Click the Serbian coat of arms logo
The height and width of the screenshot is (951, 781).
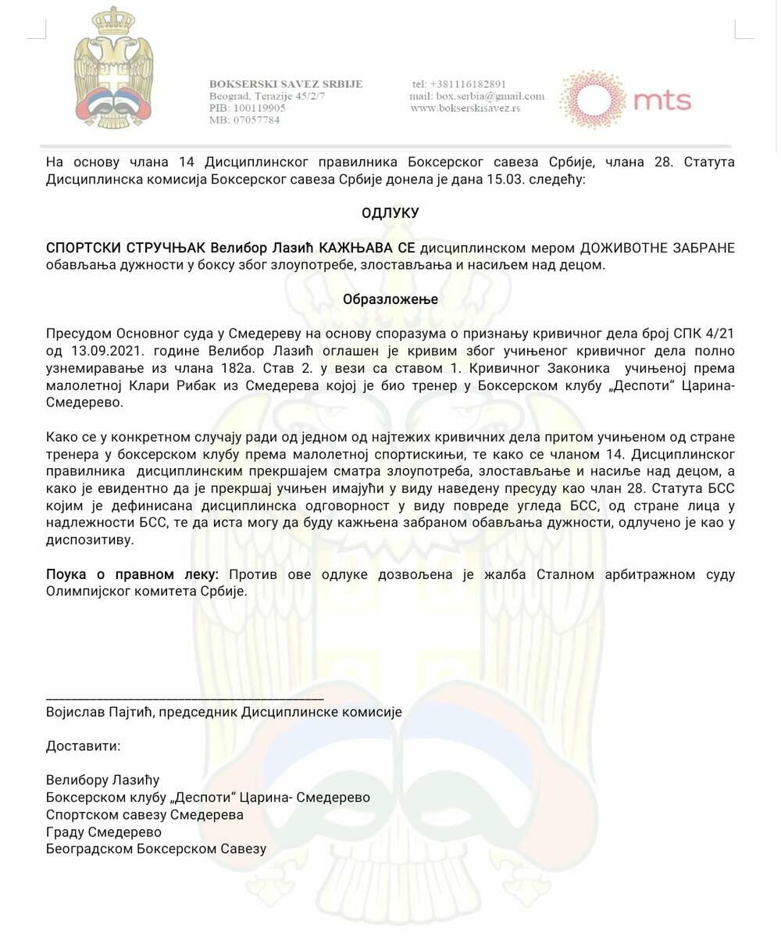click(113, 69)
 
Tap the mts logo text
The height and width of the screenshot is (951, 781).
click(662, 101)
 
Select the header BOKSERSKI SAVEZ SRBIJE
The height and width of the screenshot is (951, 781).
click(286, 84)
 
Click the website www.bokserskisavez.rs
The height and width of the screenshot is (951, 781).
click(465, 108)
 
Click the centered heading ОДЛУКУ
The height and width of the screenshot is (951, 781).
click(390, 213)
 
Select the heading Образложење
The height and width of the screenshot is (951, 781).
click(390, 299)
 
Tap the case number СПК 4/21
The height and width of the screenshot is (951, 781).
click(704, 334)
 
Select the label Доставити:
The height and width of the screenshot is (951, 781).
click(84, 745)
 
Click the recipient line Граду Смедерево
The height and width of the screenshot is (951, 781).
click(104, 831)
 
